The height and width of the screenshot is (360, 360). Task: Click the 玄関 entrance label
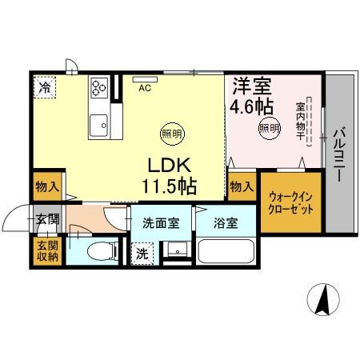(46, 218)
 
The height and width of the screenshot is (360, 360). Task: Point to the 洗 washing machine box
(142, 254)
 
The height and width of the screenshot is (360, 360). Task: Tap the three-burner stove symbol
(99, 86)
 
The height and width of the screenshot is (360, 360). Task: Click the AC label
(145, 88)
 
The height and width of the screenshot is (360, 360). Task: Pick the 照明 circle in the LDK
(170, 133)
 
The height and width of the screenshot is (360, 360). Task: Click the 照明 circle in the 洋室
(268, 127)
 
